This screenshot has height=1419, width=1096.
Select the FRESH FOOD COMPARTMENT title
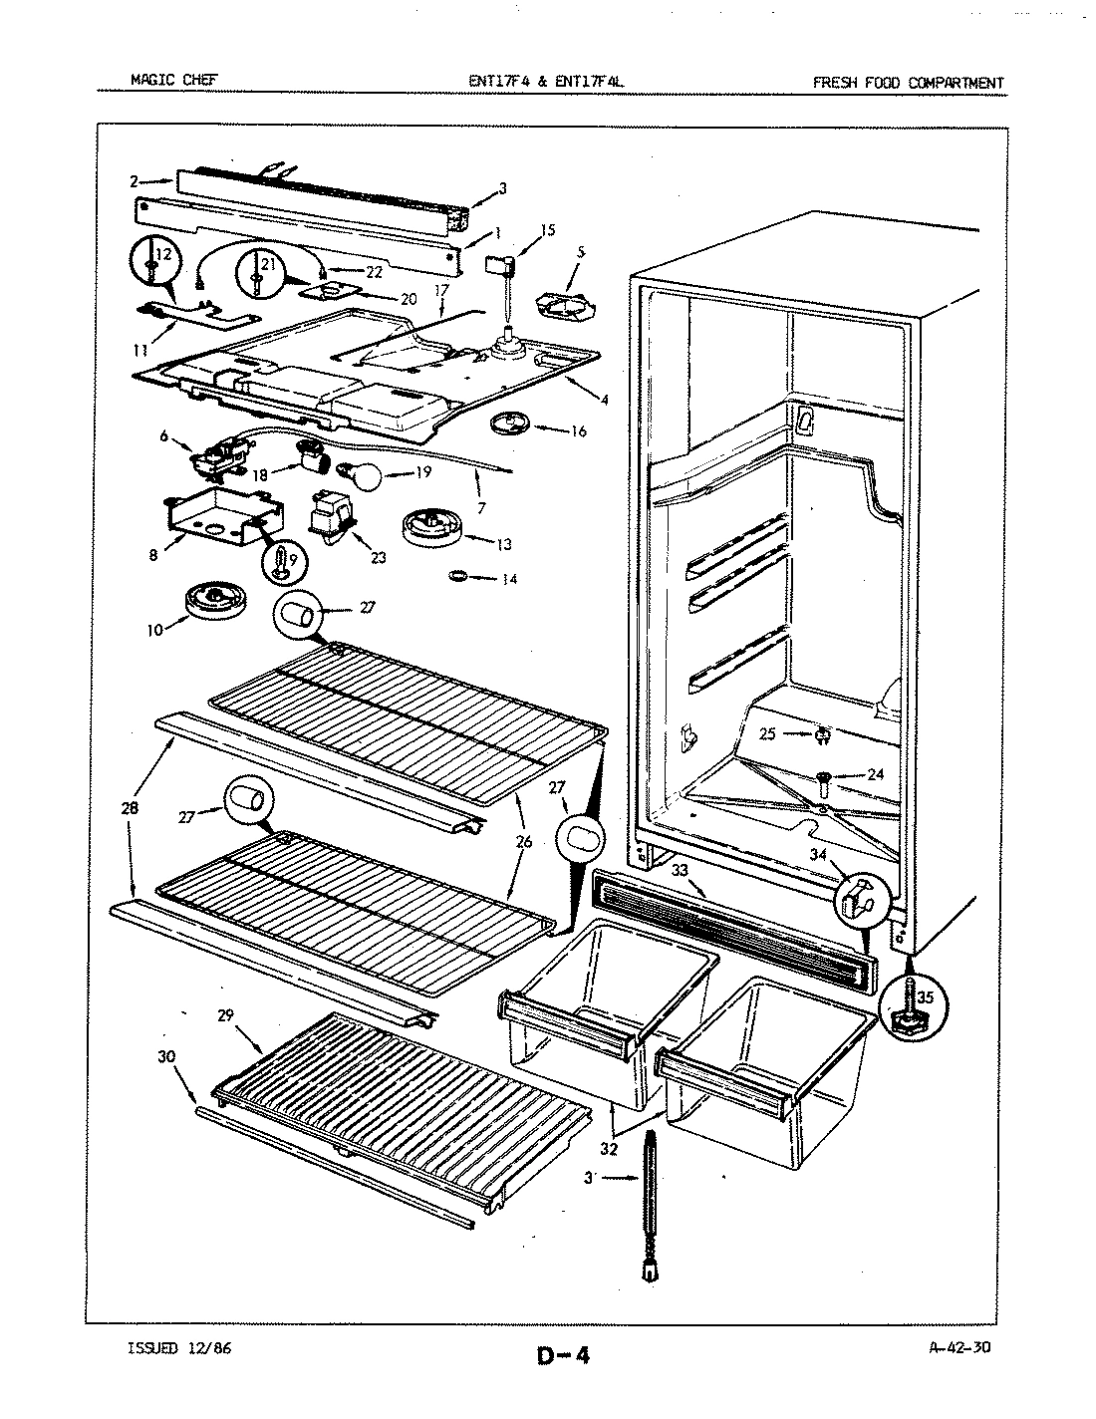point(908,83)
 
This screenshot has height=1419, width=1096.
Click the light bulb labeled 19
point(362,477)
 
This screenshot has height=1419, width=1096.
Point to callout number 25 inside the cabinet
point(765,734)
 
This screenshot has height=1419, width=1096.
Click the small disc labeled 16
point(508,425)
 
